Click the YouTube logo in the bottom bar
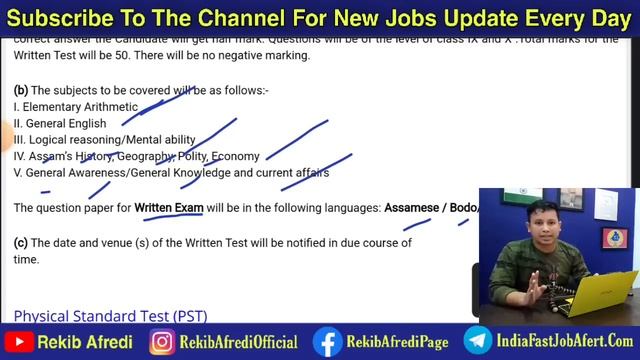[17, 342]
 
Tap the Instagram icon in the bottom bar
[162, 342]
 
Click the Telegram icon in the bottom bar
[477, 342]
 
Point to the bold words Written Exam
[169, 208]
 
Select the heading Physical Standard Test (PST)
[110, 316]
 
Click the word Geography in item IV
[145, 157]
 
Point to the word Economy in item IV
[236, 157]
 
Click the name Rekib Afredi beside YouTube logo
[84, 342]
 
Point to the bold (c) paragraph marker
[20, 243]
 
